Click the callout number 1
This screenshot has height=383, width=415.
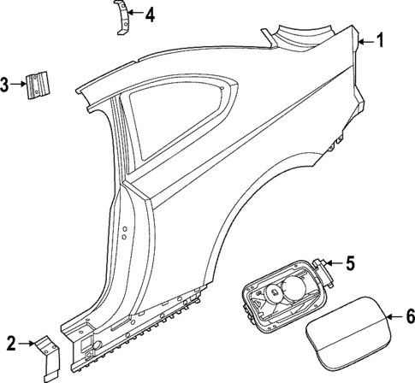(x=381, y=38)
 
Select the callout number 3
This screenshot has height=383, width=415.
(x=6, y=84)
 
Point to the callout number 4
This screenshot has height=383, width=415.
(x=150, y=15)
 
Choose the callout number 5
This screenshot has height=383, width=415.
(x=349, y=263)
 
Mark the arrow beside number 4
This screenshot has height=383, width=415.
(x=135, y=15)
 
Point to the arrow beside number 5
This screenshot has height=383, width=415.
(x=334, y=263)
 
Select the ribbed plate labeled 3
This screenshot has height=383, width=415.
(x=37, y=84)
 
